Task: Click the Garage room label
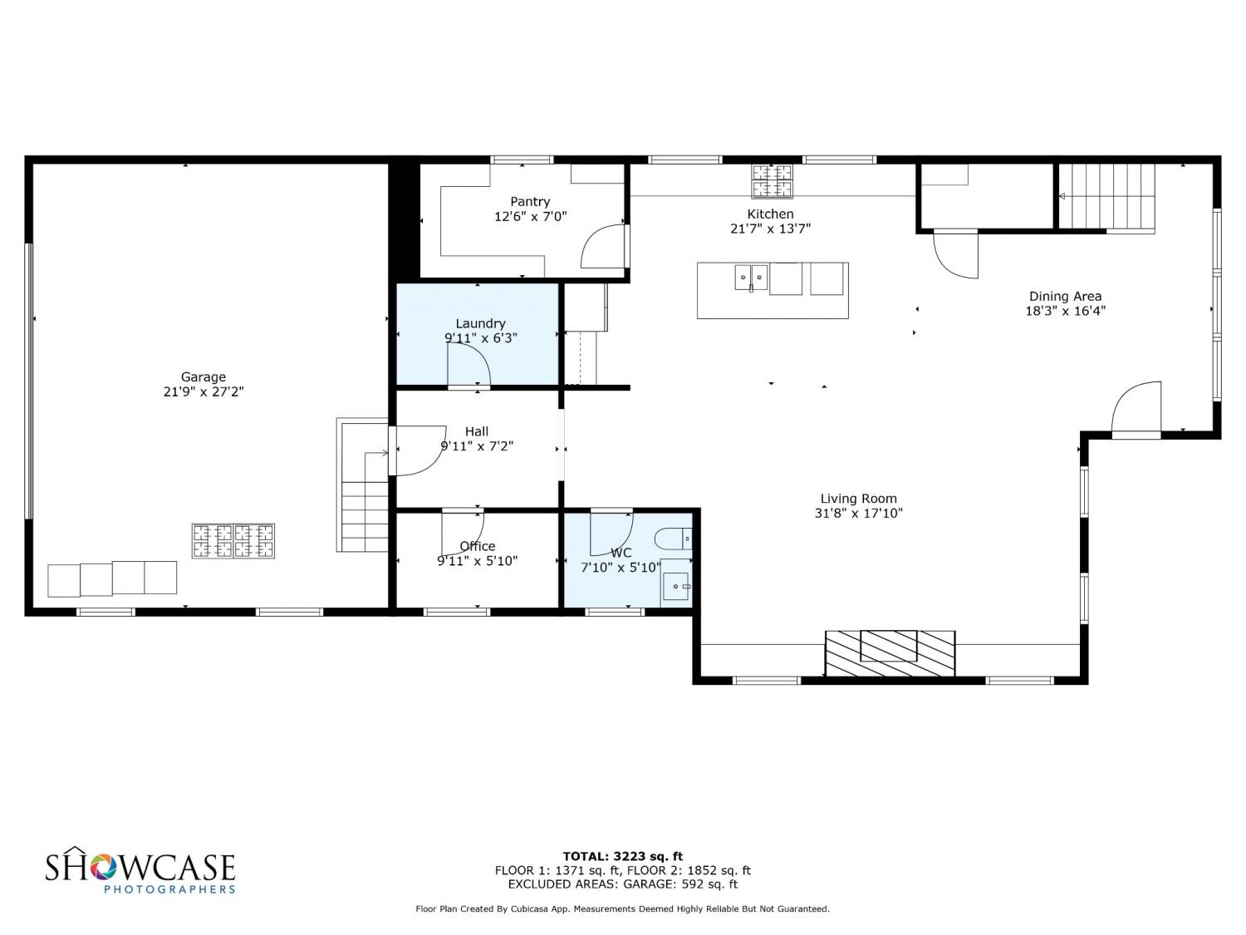click(204, 377)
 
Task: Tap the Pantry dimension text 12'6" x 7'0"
click(530, 216)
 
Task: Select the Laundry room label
click(480, 323)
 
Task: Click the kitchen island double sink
click(751, 278)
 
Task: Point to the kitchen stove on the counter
click(772, 181)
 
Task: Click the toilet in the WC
click(674, 539)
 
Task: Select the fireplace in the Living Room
click(890, 653)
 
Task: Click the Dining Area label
click(1065, 297)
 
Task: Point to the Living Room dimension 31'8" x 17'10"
click(858, 514)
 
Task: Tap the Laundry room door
click(468, 366)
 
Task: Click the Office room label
click(478, 547)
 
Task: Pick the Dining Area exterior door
click(1136, 408)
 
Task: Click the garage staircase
click(361, 485)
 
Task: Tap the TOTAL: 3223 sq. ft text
click(623, 856)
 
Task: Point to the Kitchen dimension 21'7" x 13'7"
click(770, 229)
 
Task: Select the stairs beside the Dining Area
click(1107, 197)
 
